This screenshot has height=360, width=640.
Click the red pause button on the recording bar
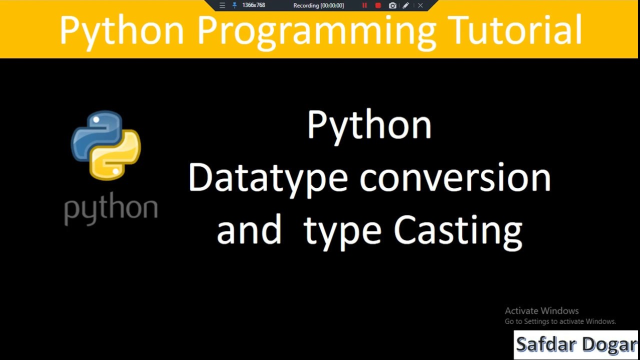tap(364, 5)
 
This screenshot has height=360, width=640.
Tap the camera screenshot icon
tap(392, 5)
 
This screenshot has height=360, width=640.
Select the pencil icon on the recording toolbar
tap(406, 5)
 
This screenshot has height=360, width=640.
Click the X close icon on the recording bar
tap(420, 5)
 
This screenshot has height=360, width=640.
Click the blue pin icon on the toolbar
tap(234, 5)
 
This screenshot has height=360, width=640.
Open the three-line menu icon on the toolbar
tap(222, 5)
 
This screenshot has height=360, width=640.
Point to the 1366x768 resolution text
tap(253, 5)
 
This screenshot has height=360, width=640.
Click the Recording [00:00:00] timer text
tap(318, 5)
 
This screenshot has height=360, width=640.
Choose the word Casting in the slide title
tap(458, 231)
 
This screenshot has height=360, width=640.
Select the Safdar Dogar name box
tap(576, 344)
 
